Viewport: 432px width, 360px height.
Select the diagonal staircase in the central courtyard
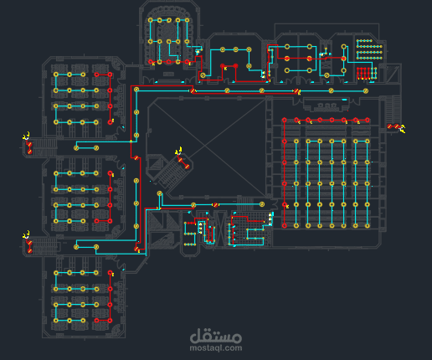point(177,172)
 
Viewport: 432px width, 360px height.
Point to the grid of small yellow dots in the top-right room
point(368,49)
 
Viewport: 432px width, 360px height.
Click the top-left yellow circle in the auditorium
point(151,20)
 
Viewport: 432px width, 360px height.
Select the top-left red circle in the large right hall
point(285,121)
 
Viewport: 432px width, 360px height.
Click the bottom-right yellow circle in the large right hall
point(367,225)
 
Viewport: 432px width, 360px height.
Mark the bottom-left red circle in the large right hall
point(285,225)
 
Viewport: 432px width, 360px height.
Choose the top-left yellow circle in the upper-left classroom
point(56,75)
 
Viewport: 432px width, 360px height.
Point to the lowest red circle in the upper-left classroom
point(110,122)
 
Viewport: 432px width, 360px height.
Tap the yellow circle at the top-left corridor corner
point(136,88)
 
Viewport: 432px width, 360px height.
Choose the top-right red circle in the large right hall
point(367,121)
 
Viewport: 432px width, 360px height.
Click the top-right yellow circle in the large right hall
point(367,141)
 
